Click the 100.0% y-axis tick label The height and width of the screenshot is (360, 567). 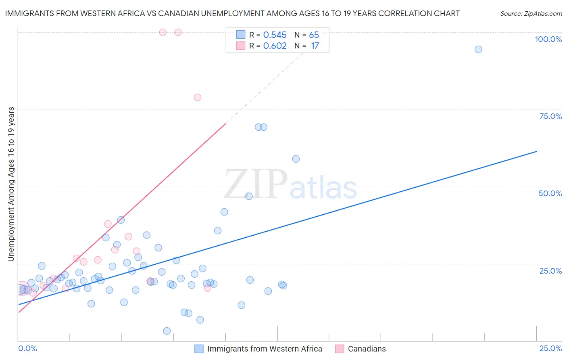click(548, 39)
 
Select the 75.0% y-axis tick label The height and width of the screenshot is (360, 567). click(550, 116)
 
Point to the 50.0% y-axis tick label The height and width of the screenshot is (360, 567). click(550, 193)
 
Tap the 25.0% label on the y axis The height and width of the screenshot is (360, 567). click(550, 270)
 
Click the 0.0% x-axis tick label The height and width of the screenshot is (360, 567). click(27, 348)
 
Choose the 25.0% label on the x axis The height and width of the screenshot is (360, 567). click(550, 348)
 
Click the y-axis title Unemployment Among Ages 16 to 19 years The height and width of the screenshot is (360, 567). click(11, 184)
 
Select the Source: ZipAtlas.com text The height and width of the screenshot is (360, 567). click(531, 13)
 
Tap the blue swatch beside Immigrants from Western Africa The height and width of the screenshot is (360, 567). click(199, 349)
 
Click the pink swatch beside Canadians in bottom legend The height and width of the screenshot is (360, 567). click(340, 349)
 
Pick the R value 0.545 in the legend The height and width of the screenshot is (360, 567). click(275, 35)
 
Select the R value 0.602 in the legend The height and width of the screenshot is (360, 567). click(275, 46)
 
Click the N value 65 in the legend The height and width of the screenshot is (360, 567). click(314, 35)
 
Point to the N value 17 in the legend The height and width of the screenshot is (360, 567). click(315, 46)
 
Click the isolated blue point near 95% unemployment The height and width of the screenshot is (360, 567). click(478, 49)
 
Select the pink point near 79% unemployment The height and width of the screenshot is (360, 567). click(198, 97)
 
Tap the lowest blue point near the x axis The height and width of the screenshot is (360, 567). click(167, 331)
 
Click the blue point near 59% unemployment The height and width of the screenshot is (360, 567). click(296, 159)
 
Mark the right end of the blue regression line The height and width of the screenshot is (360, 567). click(536, 151)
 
